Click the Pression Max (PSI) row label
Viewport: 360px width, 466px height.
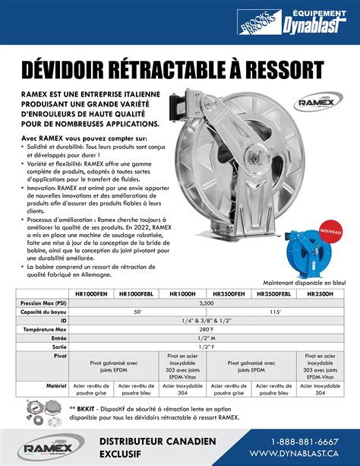[x=42, y=303]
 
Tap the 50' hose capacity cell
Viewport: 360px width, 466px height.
[x=137, y=312]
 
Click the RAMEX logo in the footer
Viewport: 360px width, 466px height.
[x=46, y=448]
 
